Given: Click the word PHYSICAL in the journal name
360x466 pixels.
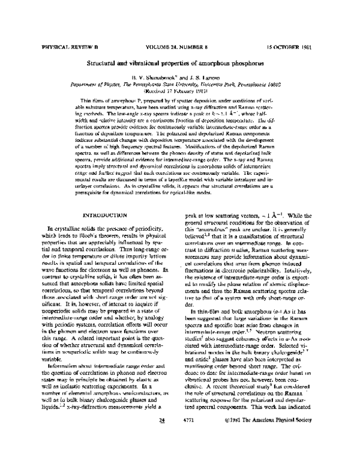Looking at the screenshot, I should tap(56, 46).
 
